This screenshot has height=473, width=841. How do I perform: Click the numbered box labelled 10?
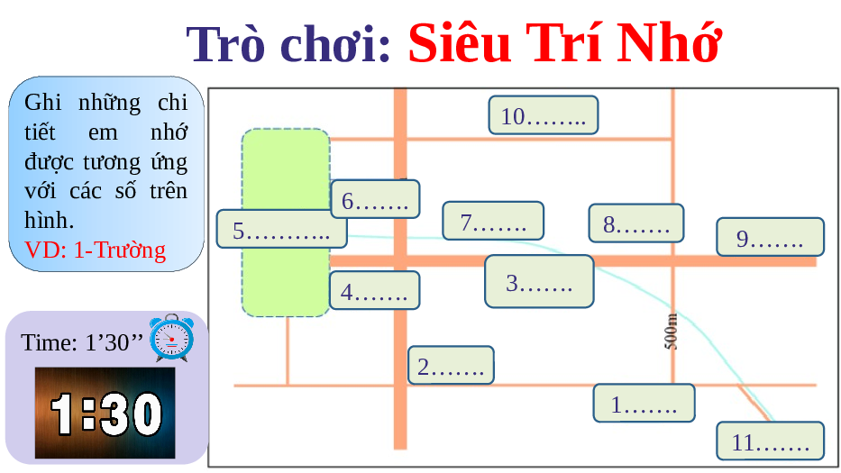tap(544, 114)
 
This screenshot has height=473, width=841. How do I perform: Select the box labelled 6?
tap(375, 199)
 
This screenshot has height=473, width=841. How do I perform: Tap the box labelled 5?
tap(281, 229)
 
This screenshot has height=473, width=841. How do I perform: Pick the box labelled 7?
tap(493, 221)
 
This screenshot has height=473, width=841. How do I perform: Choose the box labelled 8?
tap(636, 223)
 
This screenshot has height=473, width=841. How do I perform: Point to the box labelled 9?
tap(770, 236)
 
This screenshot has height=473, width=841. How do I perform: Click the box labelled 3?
tap(539, 281)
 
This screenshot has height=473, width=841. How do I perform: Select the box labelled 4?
tap(374, 291)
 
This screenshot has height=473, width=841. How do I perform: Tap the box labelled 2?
tap(451, 365)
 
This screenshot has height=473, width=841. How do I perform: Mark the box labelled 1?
tap(644, 403)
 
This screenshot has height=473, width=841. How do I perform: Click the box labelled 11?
tap(770, 441)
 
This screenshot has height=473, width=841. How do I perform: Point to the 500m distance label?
tap(671, 331)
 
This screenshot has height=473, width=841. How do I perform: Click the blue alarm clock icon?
tap(171, 338)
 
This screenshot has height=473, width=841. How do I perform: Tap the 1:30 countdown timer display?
tap(105, 413)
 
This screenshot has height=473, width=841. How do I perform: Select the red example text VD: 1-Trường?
tap(95, 250)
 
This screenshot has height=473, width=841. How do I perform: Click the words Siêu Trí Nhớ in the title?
tap(565, 43)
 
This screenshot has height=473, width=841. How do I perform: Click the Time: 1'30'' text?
tap(82, 342)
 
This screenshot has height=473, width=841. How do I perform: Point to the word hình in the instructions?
tap(49, 220)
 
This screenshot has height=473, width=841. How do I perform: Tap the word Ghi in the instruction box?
tap(43, 103)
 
